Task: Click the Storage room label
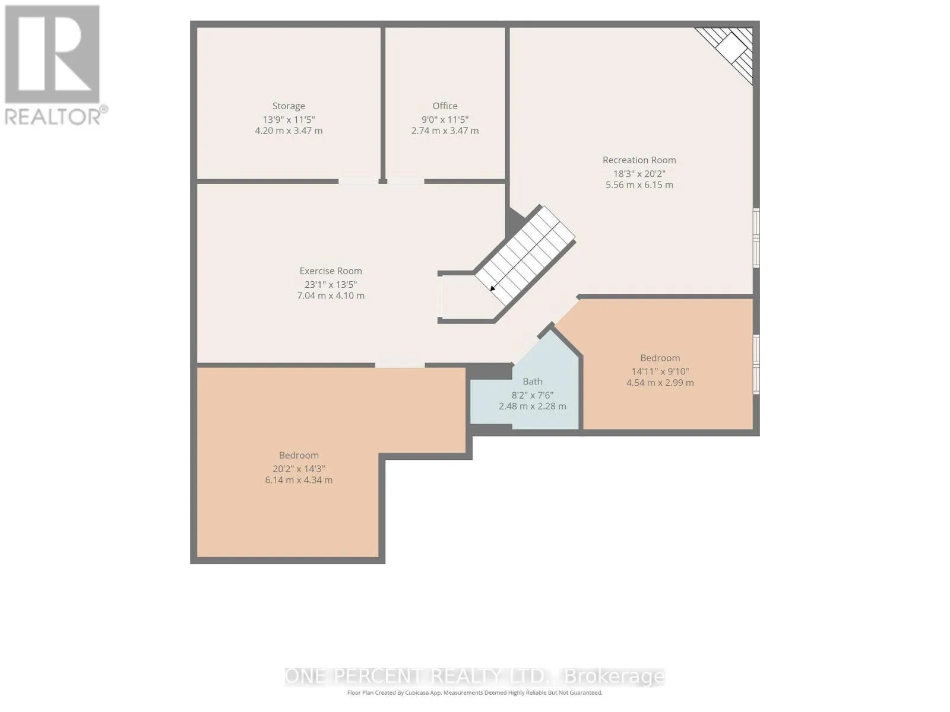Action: [x=288, y=106]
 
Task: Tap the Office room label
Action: [x=445, y=106]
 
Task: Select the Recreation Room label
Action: [x=639, y=160]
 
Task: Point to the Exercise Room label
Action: [x=331, y=271]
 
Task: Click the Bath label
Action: [x=533, y=382]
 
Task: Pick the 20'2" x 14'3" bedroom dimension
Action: [x=299, y=469]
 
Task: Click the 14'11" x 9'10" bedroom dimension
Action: [x=660, y=371]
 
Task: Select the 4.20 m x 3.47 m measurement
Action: [x=289, y=131]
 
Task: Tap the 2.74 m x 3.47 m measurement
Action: [x=445, y=131]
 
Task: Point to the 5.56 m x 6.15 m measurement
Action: [x=639, y=185]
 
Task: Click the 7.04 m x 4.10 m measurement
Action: [x=331, y=295]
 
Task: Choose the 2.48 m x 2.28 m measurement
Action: [x=533, y=406]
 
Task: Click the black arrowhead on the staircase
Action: [x=493, y=288]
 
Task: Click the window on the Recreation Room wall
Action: [x=756, y=238]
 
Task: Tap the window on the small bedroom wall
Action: [x=756, y=364]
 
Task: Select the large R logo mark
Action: [x=52, y=54]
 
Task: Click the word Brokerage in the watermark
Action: [x=615, y=676]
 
